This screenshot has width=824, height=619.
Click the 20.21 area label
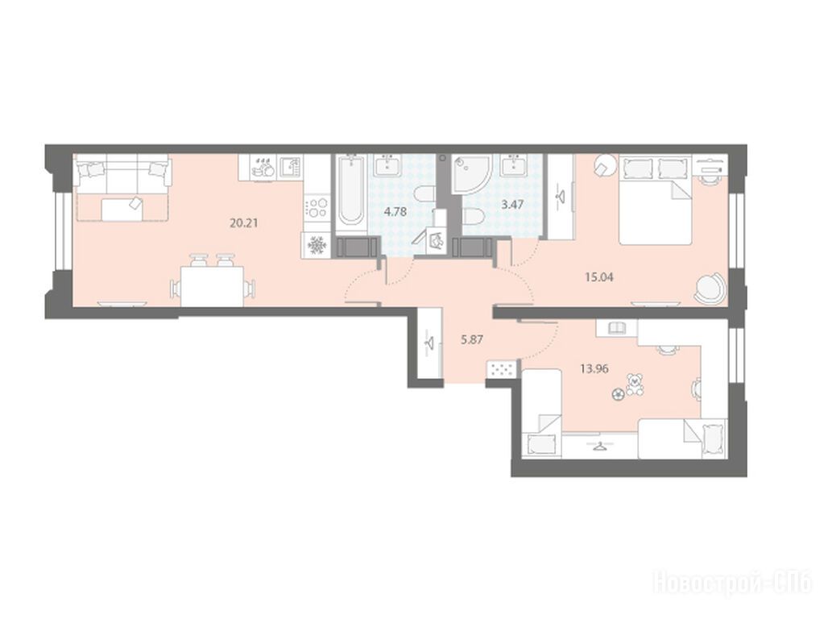244,222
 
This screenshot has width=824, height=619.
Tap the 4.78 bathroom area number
395,213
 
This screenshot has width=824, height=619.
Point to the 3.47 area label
511,205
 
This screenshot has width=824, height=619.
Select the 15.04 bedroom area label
599,276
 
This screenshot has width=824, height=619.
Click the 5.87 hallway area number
472,340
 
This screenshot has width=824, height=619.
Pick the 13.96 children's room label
594,368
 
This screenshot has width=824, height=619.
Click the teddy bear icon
636,384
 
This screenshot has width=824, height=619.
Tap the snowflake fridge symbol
317,245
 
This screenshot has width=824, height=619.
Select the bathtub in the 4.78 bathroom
350,193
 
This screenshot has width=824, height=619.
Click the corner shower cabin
471,173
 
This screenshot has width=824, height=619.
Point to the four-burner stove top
317,206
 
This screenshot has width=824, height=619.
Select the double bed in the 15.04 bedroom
655,200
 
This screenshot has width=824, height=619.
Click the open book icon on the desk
615,328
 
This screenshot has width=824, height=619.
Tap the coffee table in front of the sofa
122,209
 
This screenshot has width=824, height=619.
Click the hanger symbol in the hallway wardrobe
430,344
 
